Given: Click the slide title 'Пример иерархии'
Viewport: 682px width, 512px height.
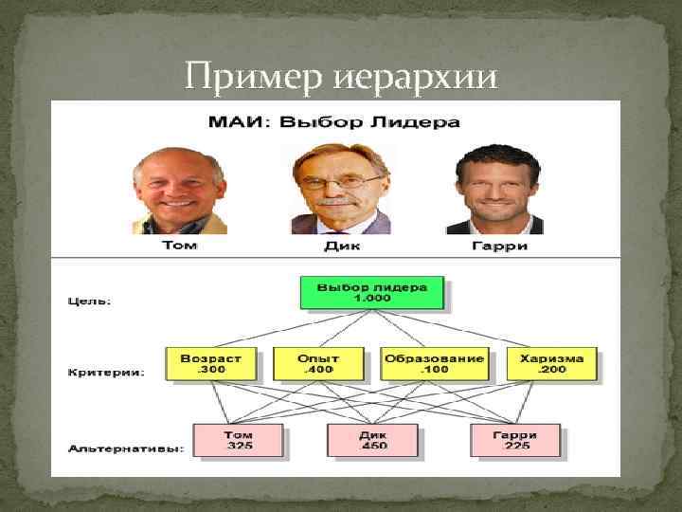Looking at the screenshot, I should (x=340, y=75).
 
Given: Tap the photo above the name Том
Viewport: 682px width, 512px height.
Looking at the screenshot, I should (x=180, y=191).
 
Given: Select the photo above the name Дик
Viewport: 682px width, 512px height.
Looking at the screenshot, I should (x=341, y=191).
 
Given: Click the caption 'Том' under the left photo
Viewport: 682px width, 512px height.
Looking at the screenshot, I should (x=180, y=247).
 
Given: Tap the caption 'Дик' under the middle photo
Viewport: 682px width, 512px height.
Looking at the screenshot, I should (x=340, y=247).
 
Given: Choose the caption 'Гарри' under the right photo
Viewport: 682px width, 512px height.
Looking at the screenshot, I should (x=499, y=247).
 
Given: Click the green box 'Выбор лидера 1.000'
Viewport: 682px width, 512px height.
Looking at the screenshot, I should (x=371, y=292).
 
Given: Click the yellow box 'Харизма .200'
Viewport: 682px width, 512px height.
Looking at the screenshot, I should (x=551, y=364).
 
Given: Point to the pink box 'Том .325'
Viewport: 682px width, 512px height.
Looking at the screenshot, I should (x=239, y=440).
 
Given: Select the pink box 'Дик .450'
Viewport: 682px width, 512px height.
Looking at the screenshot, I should (x=373, y=440).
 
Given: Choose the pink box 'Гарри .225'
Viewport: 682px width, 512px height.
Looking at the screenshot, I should (x=514, y=440).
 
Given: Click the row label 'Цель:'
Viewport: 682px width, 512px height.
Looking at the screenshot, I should (x=90, y=302).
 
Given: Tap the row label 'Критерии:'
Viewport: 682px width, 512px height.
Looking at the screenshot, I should (x=106, y=373).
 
